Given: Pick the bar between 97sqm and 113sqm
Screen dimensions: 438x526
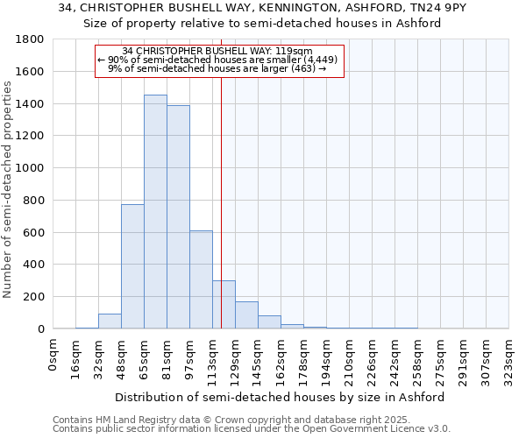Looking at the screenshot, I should coord(201,279).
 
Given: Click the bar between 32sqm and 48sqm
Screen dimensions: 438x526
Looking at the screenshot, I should coord(110,321).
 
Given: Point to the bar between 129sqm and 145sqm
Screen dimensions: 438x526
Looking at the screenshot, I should coord(246,315).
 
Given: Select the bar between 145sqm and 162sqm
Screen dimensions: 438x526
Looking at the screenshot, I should coord(269,322).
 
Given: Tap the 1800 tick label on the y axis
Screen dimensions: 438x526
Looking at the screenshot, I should coord(31,39).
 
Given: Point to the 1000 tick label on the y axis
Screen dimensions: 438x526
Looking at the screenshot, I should coord(31,168).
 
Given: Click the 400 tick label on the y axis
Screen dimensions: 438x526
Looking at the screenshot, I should coord(34,265).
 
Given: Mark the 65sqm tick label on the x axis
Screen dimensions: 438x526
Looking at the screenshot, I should coord(145,356).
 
